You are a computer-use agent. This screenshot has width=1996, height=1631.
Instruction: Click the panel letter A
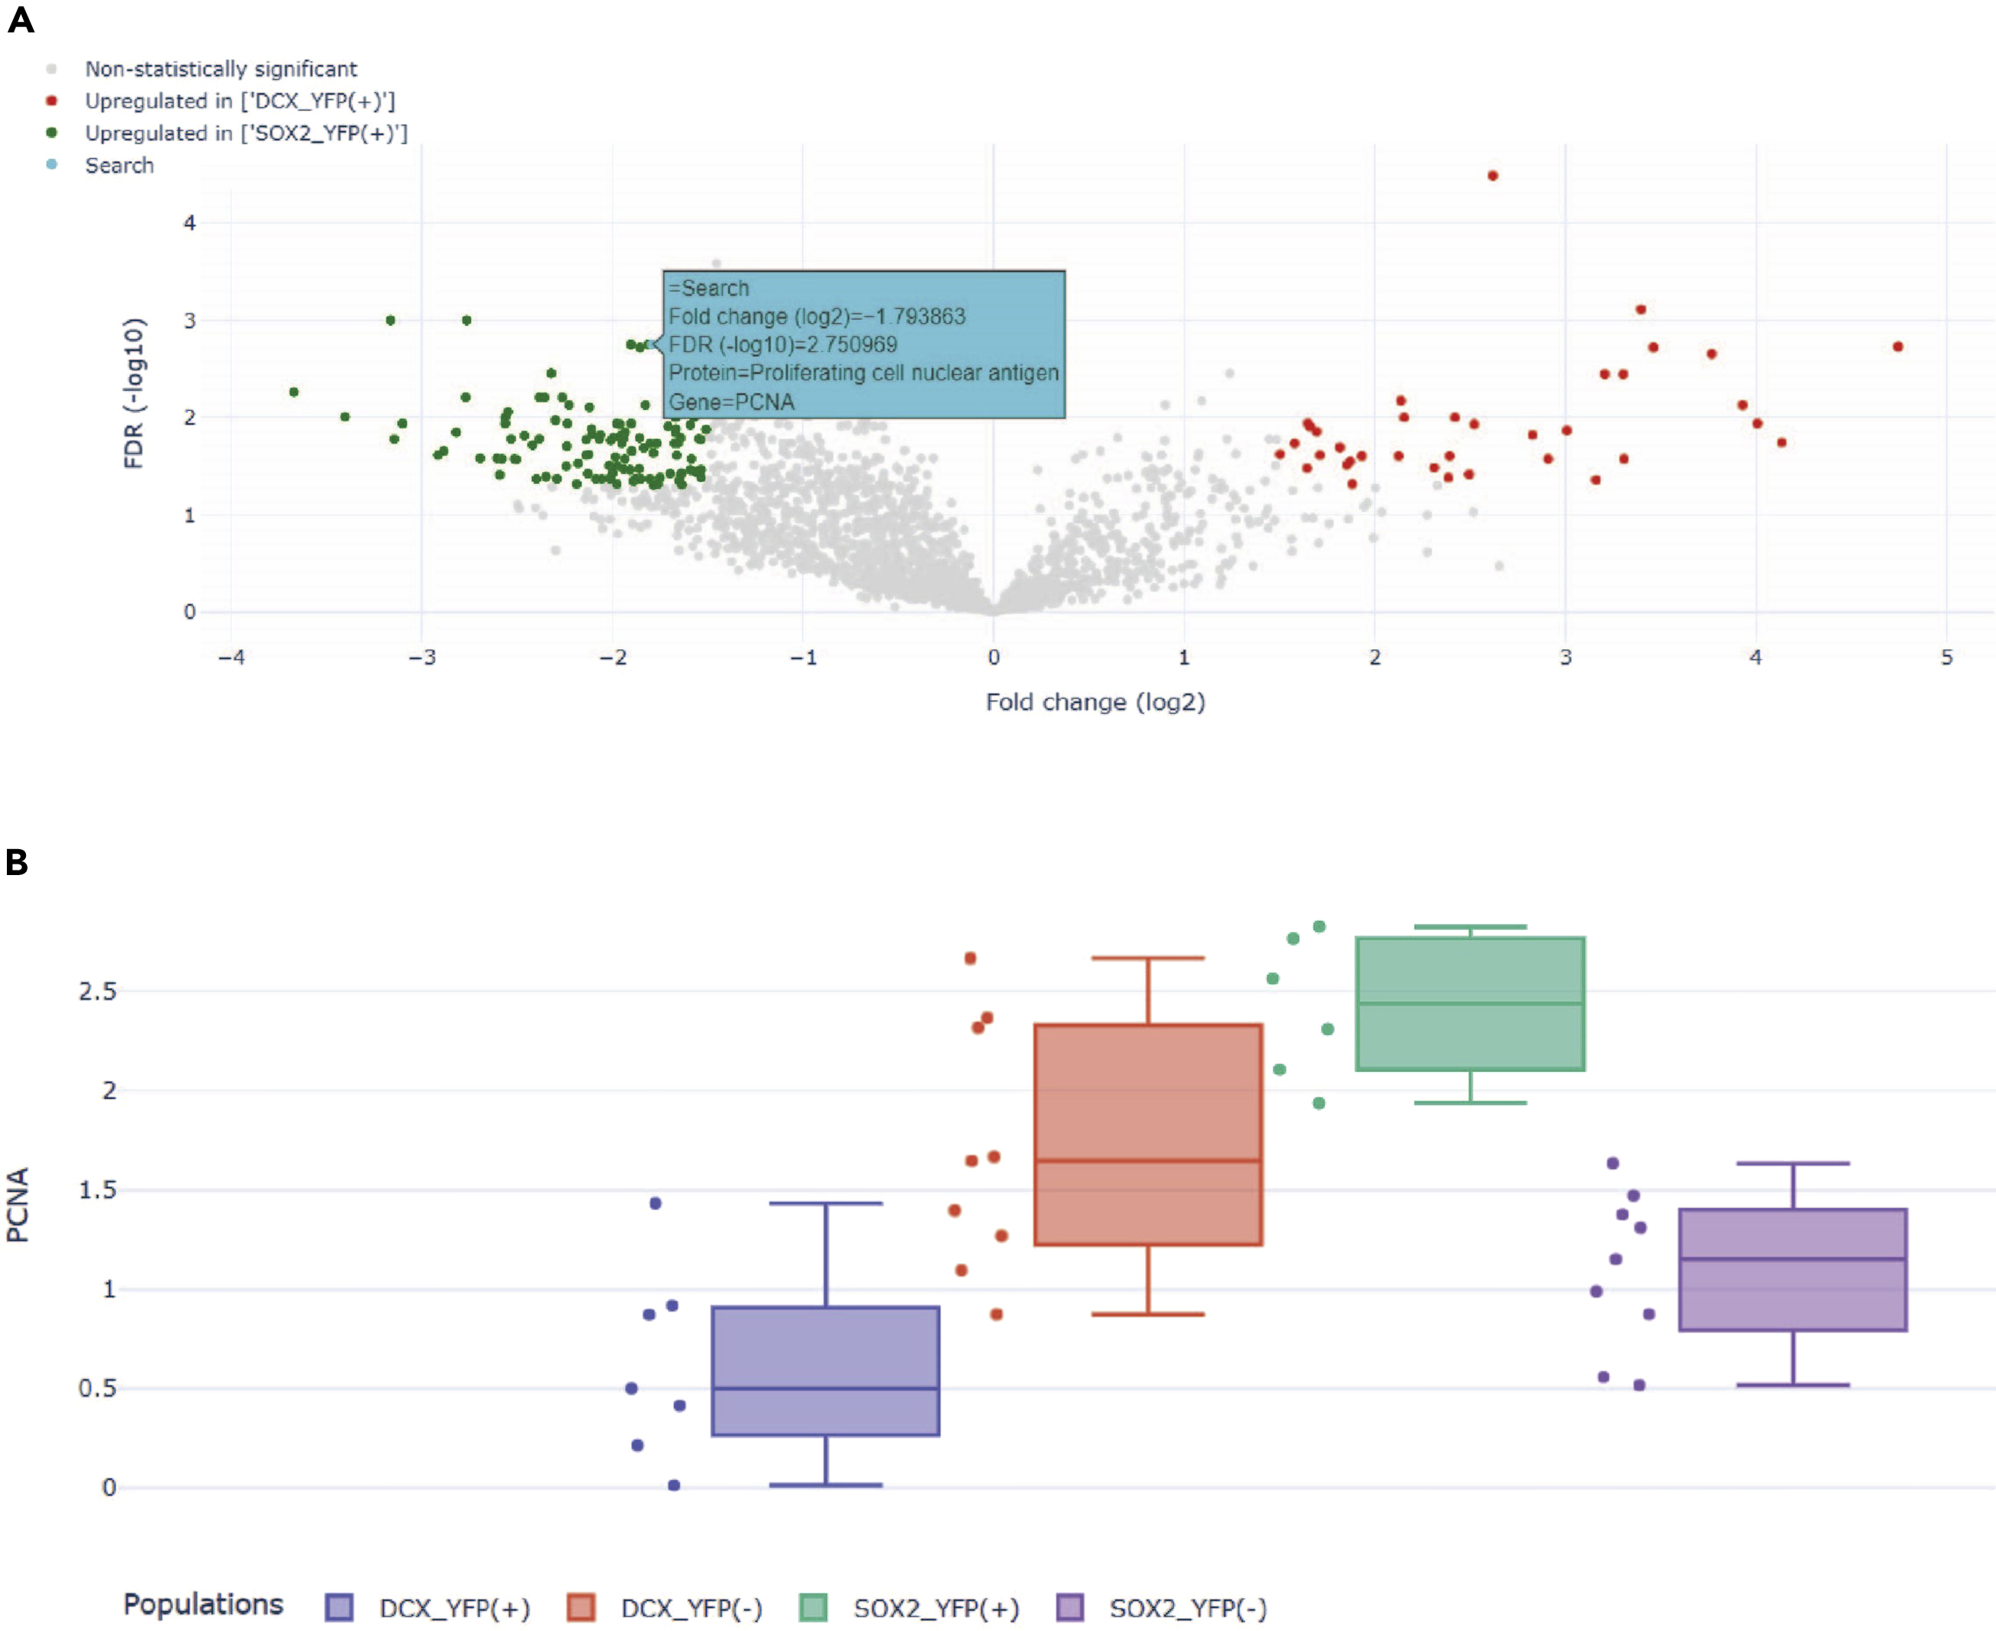coord(21,20)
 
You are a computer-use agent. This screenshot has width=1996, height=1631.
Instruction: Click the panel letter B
coord(17,861)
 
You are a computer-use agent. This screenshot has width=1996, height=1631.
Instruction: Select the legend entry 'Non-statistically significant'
coord(221,69)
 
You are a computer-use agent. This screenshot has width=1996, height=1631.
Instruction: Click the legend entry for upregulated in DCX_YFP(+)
coord(240,101)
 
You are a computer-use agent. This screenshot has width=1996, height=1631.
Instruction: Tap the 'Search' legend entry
coord(119,166)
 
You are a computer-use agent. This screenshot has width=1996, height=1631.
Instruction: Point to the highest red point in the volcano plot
coord(1492,176)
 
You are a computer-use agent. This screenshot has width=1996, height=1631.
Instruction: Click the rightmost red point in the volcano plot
coord(1898,347)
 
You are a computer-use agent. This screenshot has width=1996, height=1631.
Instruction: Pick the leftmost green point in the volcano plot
coord(294,392)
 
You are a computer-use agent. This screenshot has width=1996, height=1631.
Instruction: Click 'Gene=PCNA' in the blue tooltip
coord(730,402)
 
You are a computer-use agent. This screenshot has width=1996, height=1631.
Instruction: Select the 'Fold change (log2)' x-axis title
coord(1095,702)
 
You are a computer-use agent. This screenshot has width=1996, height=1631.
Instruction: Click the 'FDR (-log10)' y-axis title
coord(134,392)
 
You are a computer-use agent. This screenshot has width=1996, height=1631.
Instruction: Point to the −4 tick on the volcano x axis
coord(231,657)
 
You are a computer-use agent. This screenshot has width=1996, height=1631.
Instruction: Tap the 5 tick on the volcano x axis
coord(1946,657)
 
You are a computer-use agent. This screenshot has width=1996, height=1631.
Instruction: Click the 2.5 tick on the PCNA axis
coord(98,991)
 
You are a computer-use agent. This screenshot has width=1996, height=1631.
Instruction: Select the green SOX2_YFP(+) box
coord(1470,1003)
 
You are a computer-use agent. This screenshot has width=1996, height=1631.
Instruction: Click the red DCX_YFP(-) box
coord(1148,1134)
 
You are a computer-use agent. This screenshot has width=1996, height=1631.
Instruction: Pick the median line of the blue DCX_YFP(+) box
coord(826,1387)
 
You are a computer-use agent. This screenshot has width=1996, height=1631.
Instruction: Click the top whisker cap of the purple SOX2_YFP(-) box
coord(1792,1163)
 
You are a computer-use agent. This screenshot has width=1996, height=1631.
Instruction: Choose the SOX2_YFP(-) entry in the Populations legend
coord(1187,1608)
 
